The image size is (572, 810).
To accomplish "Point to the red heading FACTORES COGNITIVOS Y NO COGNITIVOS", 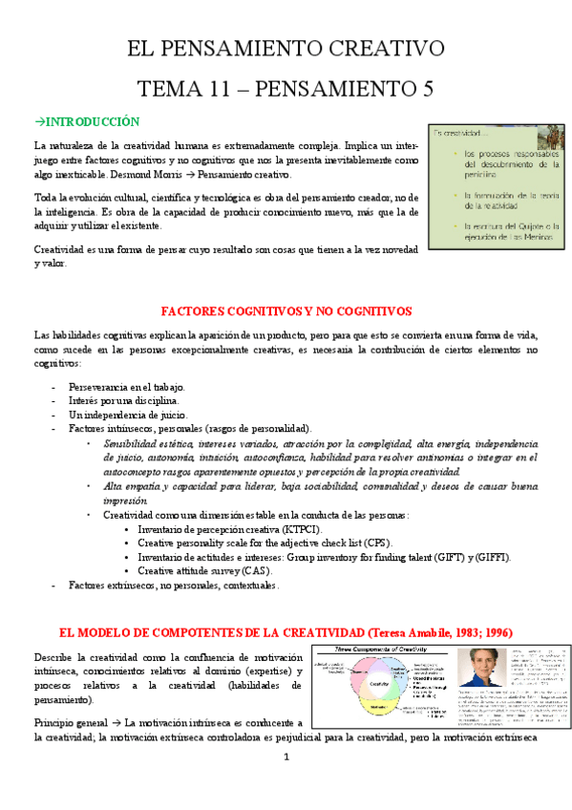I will pos(286,311).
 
